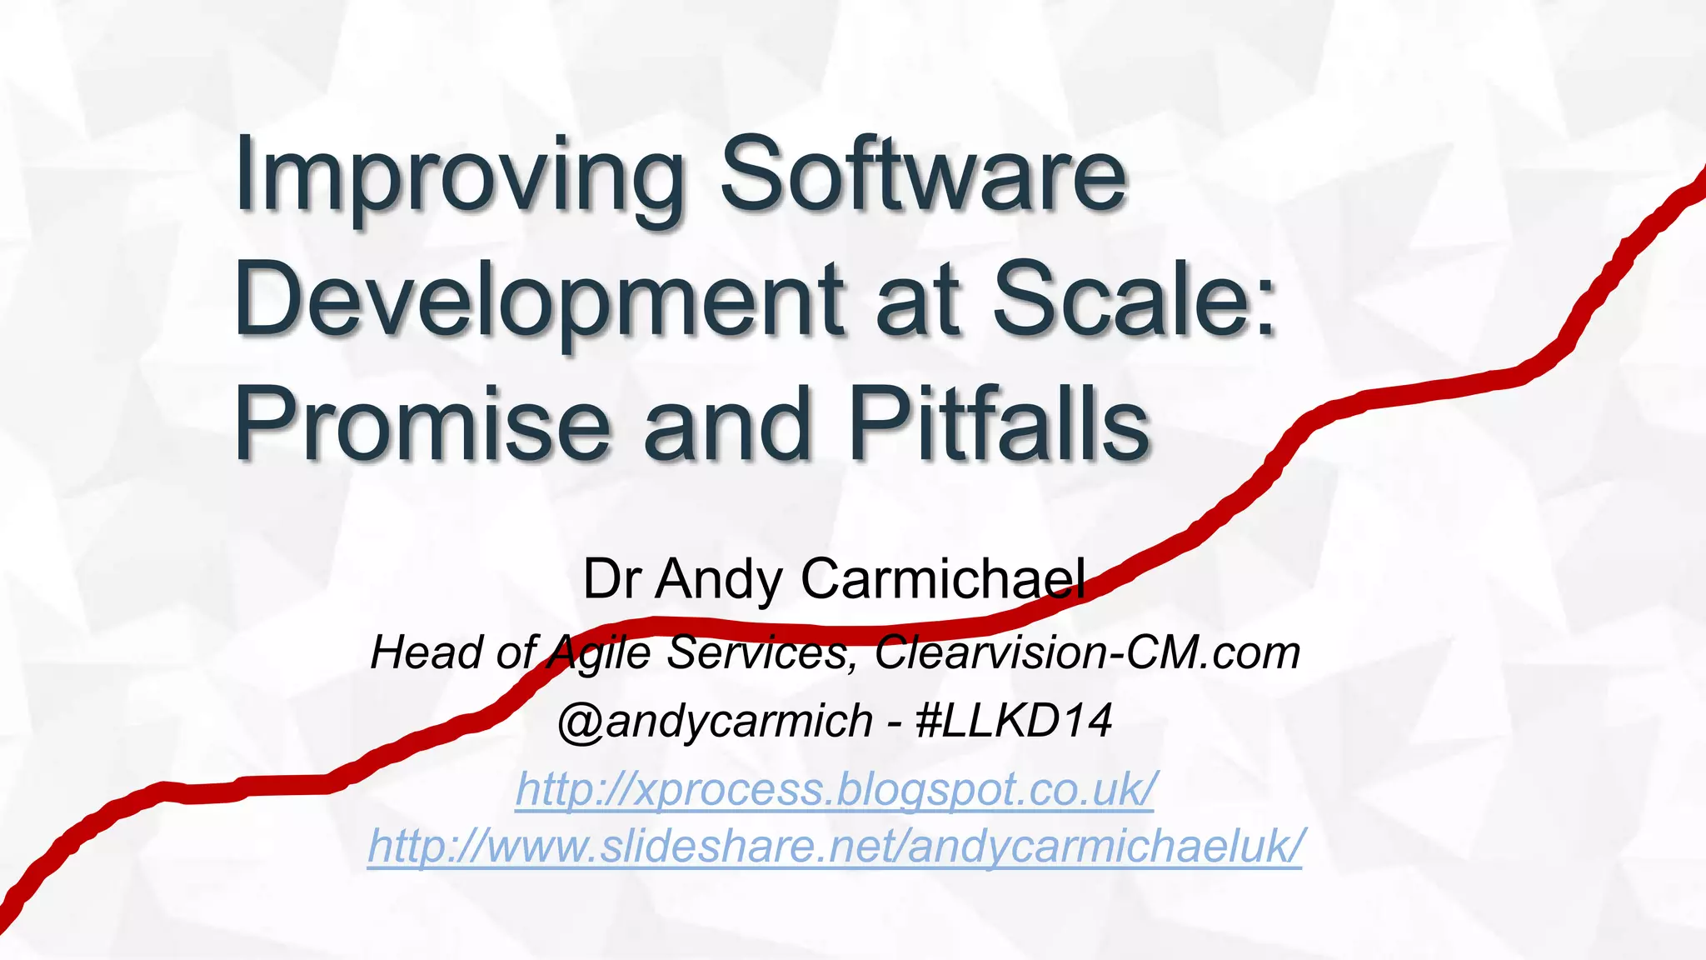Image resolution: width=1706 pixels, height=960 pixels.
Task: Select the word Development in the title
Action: (537, 300)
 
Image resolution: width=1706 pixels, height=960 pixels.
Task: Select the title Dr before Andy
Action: (611, 578)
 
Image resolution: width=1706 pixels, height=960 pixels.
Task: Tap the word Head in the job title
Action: (426, 652)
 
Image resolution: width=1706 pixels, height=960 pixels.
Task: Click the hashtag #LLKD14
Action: (1013, 720)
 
